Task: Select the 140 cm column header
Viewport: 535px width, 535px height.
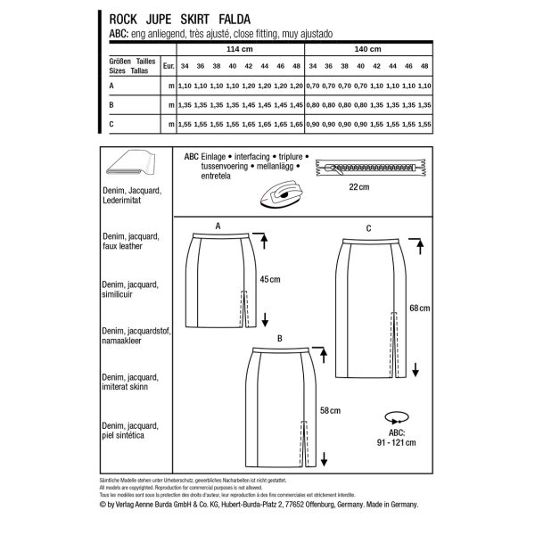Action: (368, 49)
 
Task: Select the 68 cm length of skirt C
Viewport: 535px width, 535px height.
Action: (419, 308)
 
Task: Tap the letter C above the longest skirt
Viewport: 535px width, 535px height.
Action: (368, 229)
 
